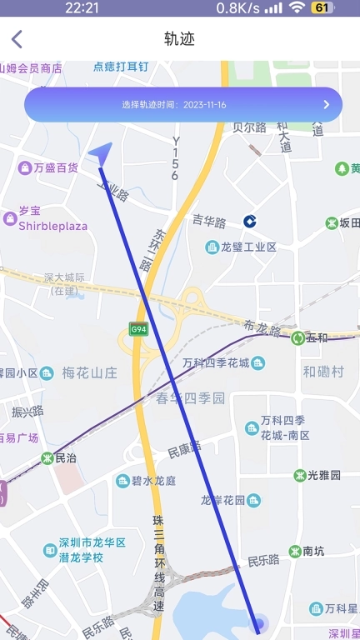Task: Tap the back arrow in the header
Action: coord(17,38)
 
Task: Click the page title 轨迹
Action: coord(179,38)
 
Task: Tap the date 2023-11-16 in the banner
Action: coord(205,105)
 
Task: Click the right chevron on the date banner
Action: coord(327,105)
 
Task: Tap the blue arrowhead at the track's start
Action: coord(101,152)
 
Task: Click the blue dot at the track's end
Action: coord(258,622)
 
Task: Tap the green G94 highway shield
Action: coord(138,328)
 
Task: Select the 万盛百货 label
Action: coord(55,167)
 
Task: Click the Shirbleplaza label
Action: coord(52,226)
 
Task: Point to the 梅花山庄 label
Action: coord(90,372)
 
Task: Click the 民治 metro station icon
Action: coord(47,458)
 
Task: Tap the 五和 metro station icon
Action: coord(297,337)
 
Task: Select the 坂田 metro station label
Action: coord(350,222)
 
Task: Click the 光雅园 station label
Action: coord(324,475)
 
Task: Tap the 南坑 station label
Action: coord(313,551)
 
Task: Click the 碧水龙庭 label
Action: coord(154,481)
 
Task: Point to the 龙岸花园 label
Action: coord(222,500)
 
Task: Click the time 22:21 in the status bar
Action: coord(82,7)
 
